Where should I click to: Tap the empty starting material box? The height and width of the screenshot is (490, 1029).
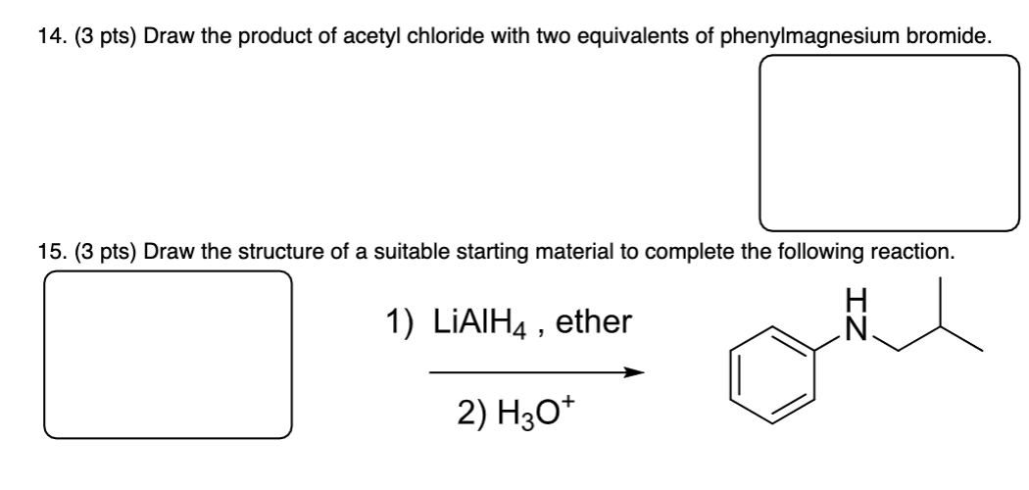coord(168,354)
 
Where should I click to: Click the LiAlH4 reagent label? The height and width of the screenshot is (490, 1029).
coord(478,320)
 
